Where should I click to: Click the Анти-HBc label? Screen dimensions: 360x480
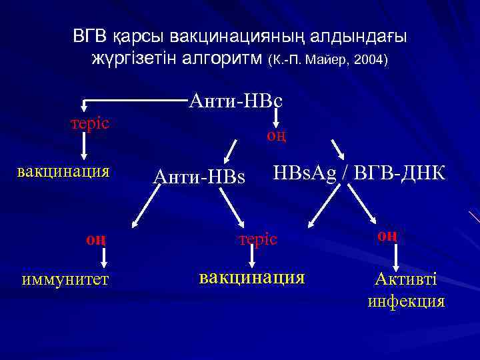[236, 101]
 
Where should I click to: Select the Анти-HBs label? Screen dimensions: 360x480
[199, 177]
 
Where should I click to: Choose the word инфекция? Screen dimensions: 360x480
[406, 301]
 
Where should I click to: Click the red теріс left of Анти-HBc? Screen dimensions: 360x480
[91, 124]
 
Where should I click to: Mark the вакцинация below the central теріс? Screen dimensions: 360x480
[252, 276]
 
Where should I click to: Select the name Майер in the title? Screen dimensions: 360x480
[326, 61]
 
